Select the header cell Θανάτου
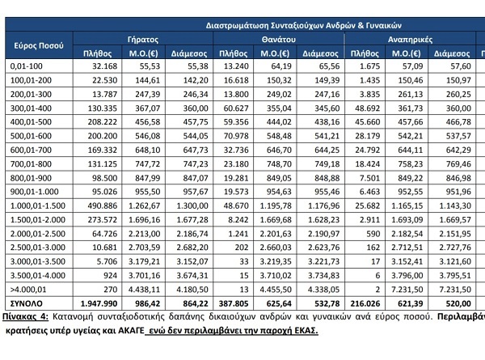[x=276, y=38]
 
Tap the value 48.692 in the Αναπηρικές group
[x=364, y=108]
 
